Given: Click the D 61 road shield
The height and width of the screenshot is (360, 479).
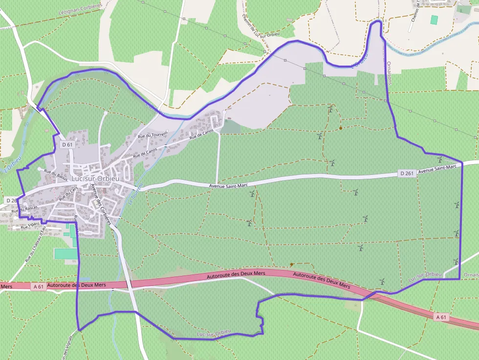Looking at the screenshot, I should click(x=67, y=145).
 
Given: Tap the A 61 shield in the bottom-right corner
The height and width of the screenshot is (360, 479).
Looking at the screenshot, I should click(x=440, y=317).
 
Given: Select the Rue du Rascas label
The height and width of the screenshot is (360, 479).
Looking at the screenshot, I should click(x=24, y=208).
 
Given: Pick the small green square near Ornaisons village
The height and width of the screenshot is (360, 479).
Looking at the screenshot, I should click(x=434, y=20).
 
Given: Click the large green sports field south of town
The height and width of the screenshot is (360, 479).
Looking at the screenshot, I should click(x=66, y=254).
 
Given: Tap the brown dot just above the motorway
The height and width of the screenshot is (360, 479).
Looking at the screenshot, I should click(x=291, y=264).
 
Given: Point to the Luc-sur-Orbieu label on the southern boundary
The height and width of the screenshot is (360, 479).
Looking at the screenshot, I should click(x=213, y=334).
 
